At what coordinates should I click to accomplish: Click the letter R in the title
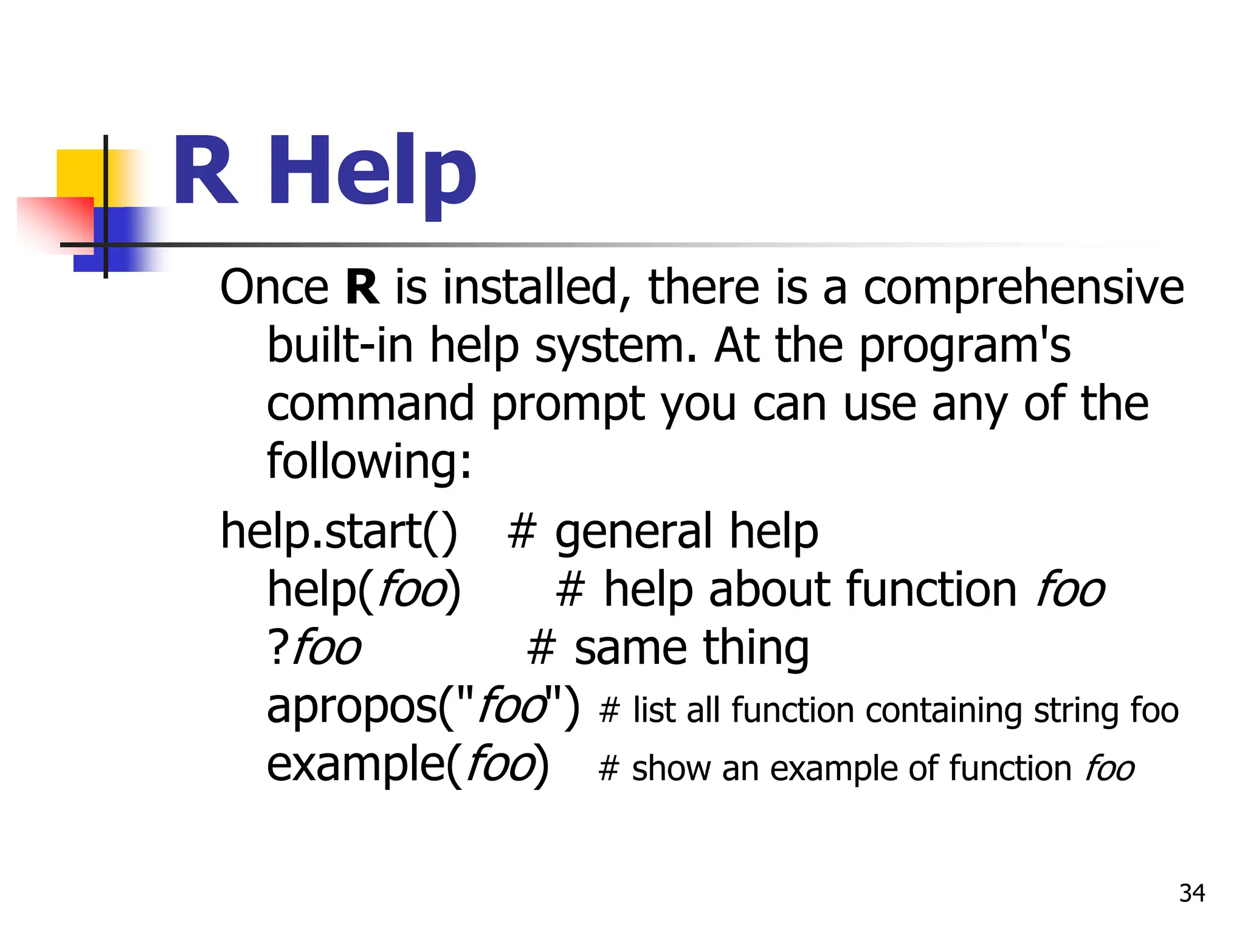click(205, 171)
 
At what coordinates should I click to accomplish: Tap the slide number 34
click(1192, 893)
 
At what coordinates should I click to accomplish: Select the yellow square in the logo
click(79, 173)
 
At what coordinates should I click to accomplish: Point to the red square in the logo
click(55, 222)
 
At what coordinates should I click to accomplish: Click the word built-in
click(340, 345)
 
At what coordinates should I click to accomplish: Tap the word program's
click(965, 346)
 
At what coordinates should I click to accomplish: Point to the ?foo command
click(314, 648)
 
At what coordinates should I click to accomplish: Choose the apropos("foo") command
click(423, 707)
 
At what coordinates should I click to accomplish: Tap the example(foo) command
click(407, 764)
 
